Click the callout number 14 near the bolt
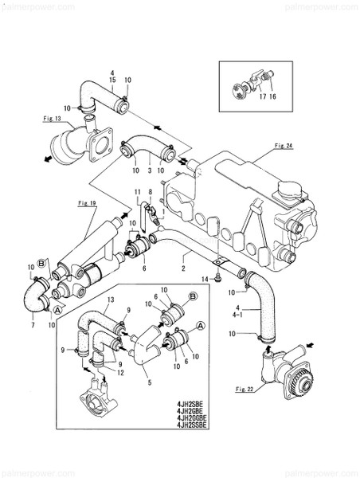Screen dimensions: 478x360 [205, 279]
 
